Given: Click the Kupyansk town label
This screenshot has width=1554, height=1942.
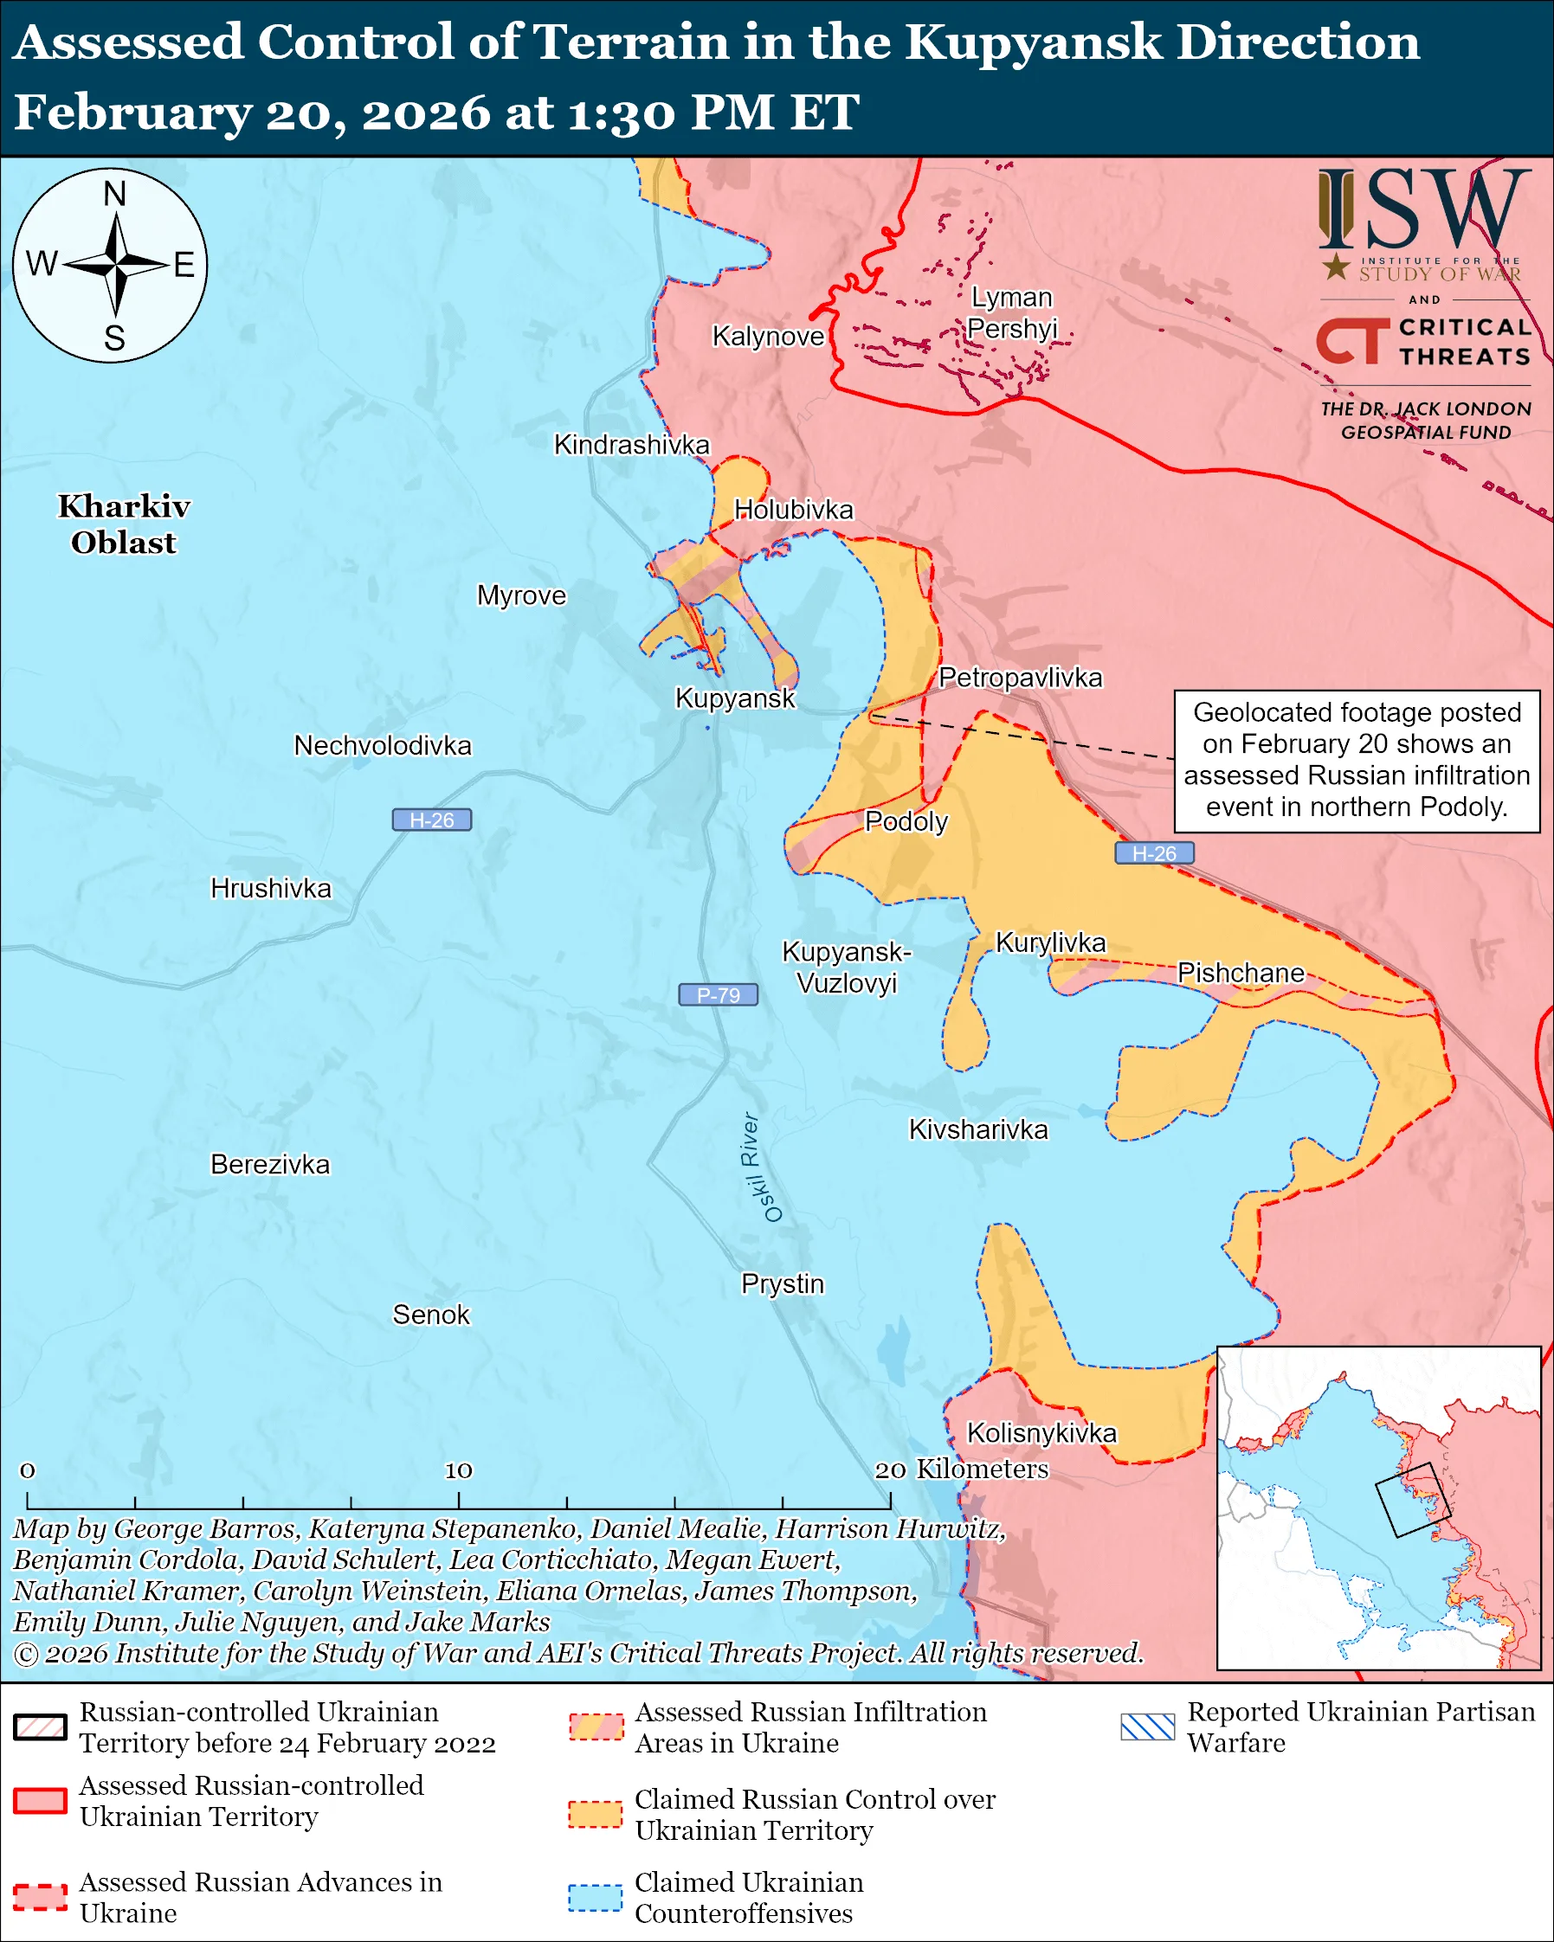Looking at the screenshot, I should pyautogui.click(x=735, y=698).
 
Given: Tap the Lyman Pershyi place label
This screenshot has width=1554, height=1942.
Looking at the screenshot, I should pyautogui.click(x=1012, y=312).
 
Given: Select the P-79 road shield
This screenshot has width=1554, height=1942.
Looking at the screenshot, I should pyautogui.click(x=718, y=994).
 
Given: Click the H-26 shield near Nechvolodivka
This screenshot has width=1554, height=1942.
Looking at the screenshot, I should pyautogui.click(x=431, y=820).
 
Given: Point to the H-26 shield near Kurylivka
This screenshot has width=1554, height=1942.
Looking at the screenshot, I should pyautogui.click(x=1154, y=853).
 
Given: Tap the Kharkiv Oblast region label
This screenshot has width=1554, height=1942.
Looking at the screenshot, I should pyautogui.click(x=125, y=524).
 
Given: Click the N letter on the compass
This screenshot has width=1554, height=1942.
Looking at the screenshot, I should pyautogui.click(x=114, y=194).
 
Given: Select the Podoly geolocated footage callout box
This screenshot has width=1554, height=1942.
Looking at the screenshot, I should pyautogui.click(x=1356, y=760).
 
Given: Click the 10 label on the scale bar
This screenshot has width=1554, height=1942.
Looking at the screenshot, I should pyautogui.click(x=458, y=1471).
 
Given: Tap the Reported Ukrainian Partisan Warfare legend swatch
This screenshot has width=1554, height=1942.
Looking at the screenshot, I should pyautogui.click(x=1148, y=1727).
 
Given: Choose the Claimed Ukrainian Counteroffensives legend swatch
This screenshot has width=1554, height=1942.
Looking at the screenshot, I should pyautogui.click(x=595, y=1898).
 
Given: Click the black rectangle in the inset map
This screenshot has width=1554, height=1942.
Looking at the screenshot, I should pyautogui.click(x=1413, y=1500).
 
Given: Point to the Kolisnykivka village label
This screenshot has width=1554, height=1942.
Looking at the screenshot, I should pyautogui.click(x=1041, y=1433).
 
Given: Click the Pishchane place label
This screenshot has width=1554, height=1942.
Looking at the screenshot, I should pyautogui.click(x=1241, y=973).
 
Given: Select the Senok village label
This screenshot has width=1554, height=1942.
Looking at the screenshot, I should pyautogui.click(x=430, y=1315).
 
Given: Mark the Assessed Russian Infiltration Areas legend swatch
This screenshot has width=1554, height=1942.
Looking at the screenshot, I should pyautogui.click(x=595, y=1727).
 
